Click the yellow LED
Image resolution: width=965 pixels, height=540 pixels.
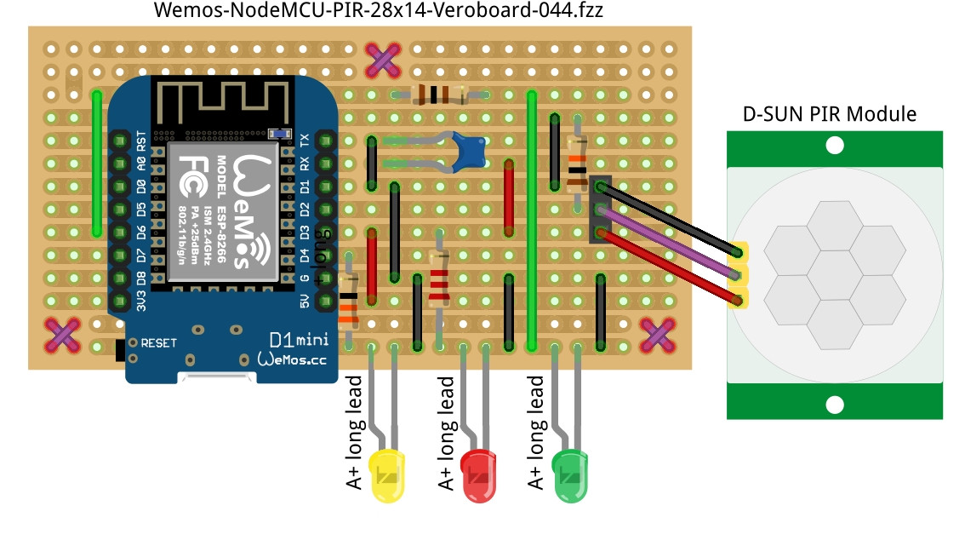pyautogui.click(x=388, y=475)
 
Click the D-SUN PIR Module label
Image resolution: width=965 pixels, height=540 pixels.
pyautogui.click(x=830, y=113)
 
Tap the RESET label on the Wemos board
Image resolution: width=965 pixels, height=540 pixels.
pyautogui.click(x=158, y=343)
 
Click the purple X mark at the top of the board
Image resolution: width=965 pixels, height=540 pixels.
pyautogui.click(x=383, y=59)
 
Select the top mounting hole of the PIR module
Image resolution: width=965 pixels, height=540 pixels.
pyautogui.click(x=835, y=146)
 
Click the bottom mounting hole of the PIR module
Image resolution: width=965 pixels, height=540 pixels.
pyautogui.click(x=835, y=404)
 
